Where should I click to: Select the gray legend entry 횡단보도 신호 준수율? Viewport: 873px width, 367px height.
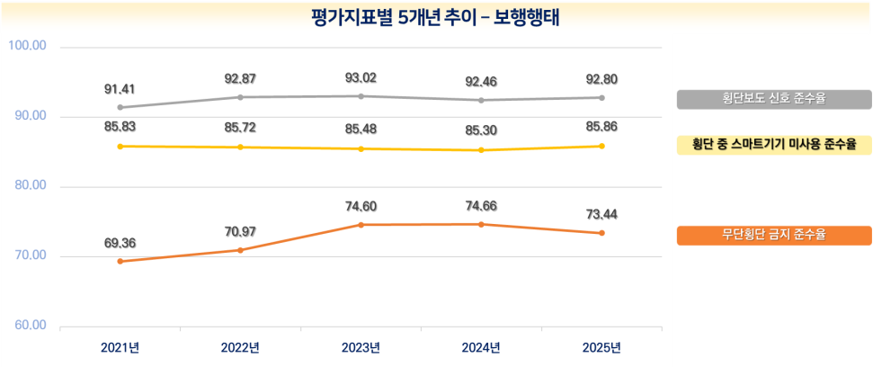[773, 100]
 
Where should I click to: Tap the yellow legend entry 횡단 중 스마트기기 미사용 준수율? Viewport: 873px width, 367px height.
[773, 145]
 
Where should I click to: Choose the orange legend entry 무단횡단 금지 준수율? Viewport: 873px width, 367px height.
[773, 235]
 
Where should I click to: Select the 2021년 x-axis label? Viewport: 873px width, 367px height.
[120, 348]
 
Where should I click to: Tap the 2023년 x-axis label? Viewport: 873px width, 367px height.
[361, 348]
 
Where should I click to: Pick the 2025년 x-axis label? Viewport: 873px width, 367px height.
[601, 348]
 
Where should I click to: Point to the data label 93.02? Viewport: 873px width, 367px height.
[361, 78]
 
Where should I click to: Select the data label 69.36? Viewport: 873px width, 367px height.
[120, 243]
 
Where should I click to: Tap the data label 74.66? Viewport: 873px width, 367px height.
[481, 206]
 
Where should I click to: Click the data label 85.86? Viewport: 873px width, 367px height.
[601, 128]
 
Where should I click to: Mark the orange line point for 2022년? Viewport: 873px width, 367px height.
[240, 250]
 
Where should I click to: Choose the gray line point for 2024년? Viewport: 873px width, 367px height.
[481, 100]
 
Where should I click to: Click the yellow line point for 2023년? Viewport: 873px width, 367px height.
[361, 148]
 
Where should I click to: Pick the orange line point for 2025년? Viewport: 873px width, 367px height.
[601, 233]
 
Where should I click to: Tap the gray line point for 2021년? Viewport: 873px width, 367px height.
[120, 107]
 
